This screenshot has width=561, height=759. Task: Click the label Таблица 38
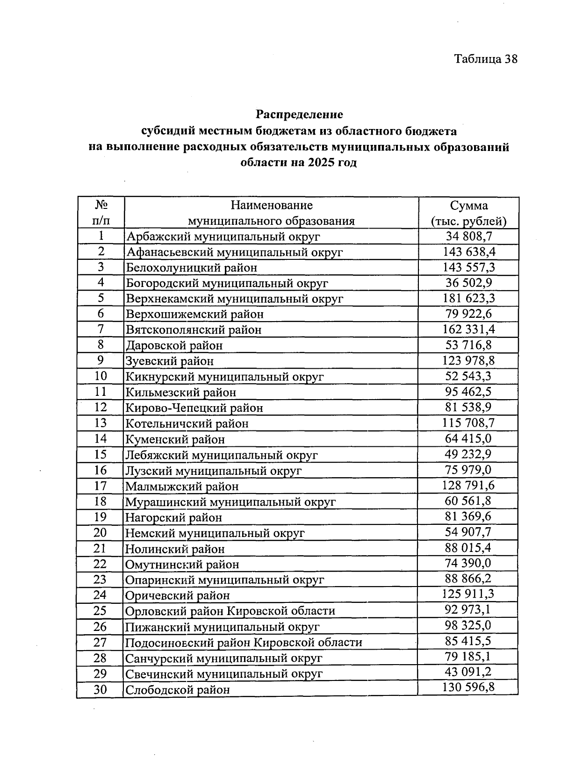point(486,59)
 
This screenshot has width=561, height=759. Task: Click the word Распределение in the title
point(299,115)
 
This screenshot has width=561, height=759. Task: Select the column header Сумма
point(468,206)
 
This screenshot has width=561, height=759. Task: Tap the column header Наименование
point(272,205)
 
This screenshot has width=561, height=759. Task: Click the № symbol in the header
point(101,205)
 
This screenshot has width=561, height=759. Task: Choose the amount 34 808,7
point(469,236)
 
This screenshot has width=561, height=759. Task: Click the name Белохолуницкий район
point(191,268)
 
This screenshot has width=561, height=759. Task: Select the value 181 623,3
point(469,298)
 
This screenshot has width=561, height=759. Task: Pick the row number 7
point(101,329)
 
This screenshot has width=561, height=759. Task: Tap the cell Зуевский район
point(170,361)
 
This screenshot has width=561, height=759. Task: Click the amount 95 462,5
point(469,392)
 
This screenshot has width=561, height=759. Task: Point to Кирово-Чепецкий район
point(194,408)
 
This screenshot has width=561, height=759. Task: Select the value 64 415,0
point(469,438)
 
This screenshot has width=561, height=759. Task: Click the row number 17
point(101,486)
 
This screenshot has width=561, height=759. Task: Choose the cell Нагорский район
point(173,517)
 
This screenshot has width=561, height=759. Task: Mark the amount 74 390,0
point(469,563)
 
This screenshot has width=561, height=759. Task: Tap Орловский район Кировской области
point(230,611)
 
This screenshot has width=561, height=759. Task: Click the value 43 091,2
point(469,672)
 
